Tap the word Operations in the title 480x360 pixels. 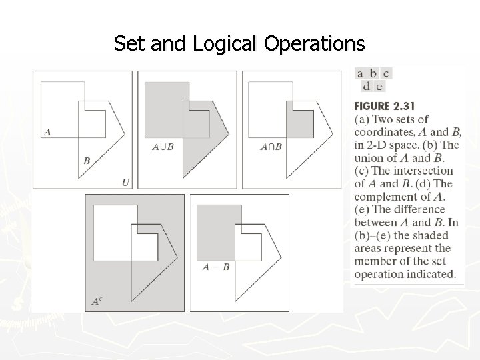(x=315, y=44)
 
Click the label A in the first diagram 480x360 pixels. (x=47, y=131)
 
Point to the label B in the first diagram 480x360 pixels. (x=87, y=160)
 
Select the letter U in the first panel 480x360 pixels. (x=126, y=181)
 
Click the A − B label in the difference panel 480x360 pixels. (x=217, y=267)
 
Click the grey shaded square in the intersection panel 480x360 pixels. (x=299, y=124)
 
